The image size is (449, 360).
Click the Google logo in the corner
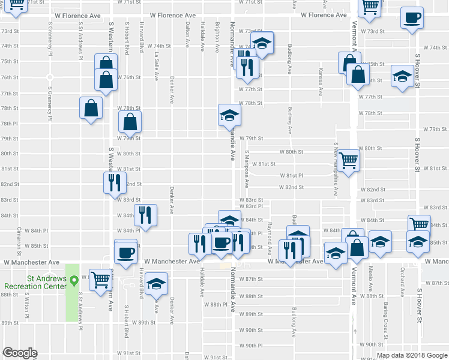point(20,353)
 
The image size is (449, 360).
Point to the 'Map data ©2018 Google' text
point(412,355)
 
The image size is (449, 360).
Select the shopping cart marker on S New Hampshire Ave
point(349,160)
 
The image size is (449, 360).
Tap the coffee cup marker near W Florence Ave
point(412,17)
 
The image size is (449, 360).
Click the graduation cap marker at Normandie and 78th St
point(229,114)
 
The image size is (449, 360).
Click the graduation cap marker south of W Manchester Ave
point(156,283)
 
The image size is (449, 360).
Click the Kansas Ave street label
point(321,83)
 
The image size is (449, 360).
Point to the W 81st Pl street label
point(294,175)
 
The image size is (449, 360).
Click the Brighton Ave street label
point(217,39)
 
